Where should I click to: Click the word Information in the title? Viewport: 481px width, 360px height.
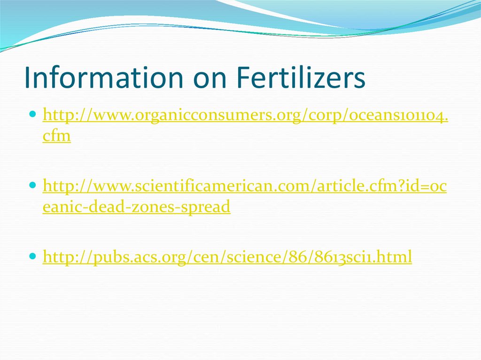point(102,78)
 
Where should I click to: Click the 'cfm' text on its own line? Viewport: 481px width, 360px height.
point(56,136)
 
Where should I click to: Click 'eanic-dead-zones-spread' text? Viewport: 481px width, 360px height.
point(136,207)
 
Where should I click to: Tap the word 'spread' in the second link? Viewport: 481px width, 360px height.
point(209,207)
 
